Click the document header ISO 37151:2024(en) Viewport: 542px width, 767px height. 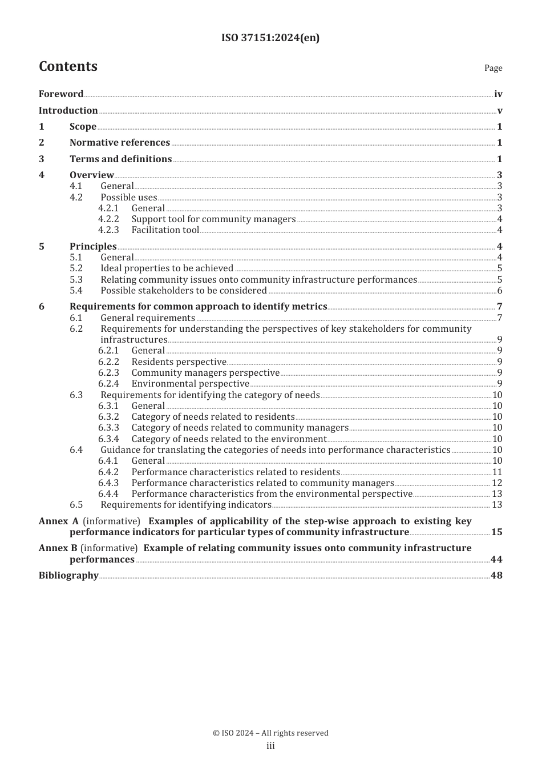[x=270, y=38]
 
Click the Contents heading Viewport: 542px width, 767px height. [x=68, y=66]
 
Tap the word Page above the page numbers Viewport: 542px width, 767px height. [x=493, y=68]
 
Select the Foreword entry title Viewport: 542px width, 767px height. [x=61, y=94]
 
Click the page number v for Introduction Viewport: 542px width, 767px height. [x=500, y=111]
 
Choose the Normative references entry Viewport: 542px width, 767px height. [x=120, y=143]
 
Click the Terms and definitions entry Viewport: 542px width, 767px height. [x=120, y=159]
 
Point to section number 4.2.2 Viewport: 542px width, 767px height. [x=108, y=219]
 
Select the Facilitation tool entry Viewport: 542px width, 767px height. [x=165, y=230]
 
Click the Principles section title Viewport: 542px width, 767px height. [x=93, y=247]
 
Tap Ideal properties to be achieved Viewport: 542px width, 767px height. [x=167, y=268]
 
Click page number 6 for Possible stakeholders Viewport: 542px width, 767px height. [x=500, y=291]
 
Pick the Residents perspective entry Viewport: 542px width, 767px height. [x=179, y=362]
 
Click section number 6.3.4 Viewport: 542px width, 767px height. [x=108, y=439]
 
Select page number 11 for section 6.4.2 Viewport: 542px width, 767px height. [x=497, y=472]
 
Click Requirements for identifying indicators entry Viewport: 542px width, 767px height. [x=186, y=505]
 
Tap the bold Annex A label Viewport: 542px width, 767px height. [x=59, y=521]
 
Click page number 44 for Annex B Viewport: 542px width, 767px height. [x=496, y=560]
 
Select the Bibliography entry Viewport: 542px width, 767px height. [x=68, y=576]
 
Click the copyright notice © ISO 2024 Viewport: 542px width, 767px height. [x=270, y=733]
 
